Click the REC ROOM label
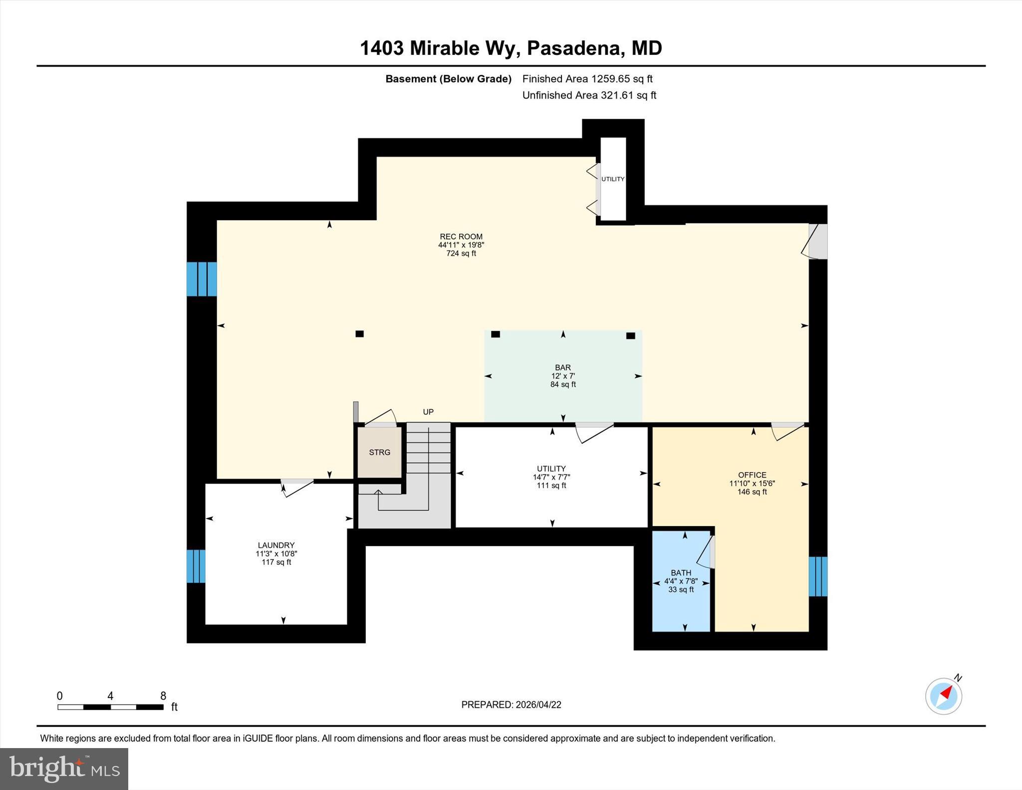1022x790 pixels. tap(461, 237)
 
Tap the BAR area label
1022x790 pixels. tap(562, 367)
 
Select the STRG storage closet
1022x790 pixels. tap(379, 452)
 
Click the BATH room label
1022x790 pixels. tap(681, 573)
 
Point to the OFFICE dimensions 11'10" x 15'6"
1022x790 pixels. tap(752, 483)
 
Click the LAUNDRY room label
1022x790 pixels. tap(276, 545)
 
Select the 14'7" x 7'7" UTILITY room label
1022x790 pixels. tap(551, 477)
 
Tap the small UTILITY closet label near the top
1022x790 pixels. tap(612, 179)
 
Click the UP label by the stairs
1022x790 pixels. tap(428, 412)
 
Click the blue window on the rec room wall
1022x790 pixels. tap(202, 279)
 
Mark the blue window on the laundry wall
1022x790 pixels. tap(196, 566)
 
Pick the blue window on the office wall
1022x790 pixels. tap(817, 576)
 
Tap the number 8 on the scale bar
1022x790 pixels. tap(163, 696)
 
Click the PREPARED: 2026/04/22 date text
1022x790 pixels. tap(511, 705)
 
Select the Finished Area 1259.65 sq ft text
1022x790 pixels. tap(587, 79)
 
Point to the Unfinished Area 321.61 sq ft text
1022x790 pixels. tap(589, 95)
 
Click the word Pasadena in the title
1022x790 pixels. tap(573, 48)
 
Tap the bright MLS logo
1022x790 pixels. tap(64, 769)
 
